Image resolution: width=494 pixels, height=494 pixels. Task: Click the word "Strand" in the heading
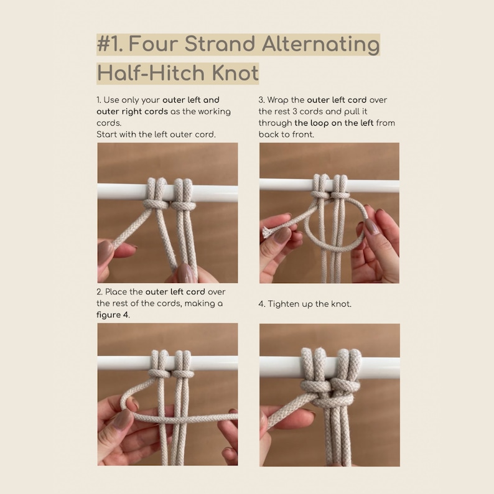212,45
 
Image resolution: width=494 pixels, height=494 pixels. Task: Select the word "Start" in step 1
107,134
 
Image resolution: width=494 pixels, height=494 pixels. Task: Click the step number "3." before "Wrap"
262,100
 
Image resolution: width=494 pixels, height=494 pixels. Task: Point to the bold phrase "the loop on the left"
334,123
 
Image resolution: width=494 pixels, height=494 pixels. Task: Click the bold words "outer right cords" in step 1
132,111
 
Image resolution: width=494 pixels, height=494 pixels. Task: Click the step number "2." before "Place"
100,292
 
